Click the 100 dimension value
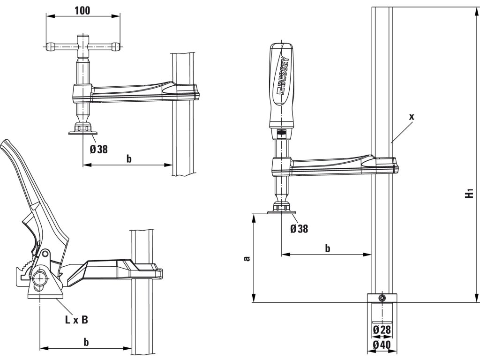(82, 11)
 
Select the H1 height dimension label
(470, 193)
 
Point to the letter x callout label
(411, 117)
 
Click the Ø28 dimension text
(382, 330)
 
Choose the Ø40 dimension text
(382, 345)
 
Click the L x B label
(76, 320)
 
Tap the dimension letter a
(247, 258)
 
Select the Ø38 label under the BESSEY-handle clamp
(299, 229)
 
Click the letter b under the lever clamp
(86, 342)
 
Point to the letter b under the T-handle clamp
(129, 159)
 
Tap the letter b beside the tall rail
(328, 248)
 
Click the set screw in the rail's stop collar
(382, 298)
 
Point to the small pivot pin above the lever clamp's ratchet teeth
(45, 254)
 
